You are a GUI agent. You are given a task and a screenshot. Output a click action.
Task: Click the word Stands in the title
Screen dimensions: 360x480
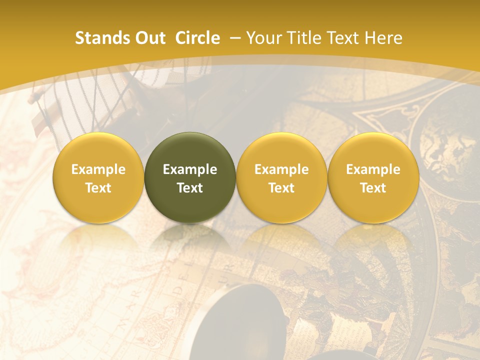tap(97, 38)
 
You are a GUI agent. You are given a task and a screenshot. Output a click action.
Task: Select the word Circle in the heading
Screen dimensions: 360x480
tap(197, 38)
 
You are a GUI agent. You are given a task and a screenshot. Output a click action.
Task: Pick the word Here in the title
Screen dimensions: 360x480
tap(384, 38)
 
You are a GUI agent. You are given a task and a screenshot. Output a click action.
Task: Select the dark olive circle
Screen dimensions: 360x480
tap(190, 177)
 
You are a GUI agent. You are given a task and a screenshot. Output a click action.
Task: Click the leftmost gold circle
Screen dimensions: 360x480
tap(98, 177)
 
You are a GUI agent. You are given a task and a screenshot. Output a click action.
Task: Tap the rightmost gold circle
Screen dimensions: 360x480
tap(373, 177)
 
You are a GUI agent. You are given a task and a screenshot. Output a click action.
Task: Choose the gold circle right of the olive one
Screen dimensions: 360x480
tap(281, 177)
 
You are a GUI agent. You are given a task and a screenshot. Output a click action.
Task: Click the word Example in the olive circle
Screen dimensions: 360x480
tap(190, 169)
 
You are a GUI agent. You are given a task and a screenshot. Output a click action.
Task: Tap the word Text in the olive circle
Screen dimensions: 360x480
tap(190, 188)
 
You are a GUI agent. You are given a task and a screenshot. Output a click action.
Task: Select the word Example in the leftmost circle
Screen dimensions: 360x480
tap(98, 169)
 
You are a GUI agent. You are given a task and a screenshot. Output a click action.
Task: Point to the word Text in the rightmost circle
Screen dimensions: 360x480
tap(373, 188)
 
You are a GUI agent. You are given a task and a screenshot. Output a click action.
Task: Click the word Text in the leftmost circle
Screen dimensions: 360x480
tap(98, 188)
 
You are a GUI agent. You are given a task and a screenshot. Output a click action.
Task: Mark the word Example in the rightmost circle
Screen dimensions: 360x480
tap(373, 169)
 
